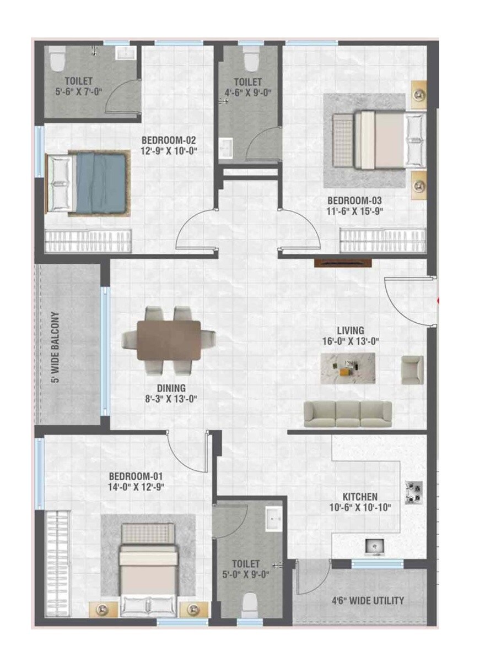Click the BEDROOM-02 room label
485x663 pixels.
(169, 140)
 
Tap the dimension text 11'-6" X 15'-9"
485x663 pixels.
(355, 210)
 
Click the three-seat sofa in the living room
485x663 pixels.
(348, 414)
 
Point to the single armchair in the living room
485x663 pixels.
(412, 369)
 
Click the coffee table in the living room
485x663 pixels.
(348, 368)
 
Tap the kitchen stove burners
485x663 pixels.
(414, 492)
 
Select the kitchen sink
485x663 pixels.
(375, 546)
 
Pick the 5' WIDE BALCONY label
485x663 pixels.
(55, 347)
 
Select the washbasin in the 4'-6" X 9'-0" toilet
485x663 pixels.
(226, 148)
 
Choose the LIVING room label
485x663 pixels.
(351, 330)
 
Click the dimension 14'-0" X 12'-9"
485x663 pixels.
(137, 487)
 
